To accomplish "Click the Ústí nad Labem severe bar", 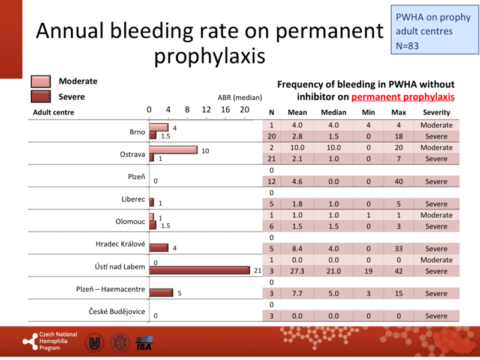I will (x=199, y=270).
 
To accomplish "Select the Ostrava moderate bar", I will (x=173, y=149).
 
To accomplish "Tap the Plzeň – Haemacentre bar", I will (x=161, y=293).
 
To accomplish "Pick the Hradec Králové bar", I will (x=158, y=248).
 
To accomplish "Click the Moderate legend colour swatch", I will (x=41, y=82).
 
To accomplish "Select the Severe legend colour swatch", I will (x=41, y=97).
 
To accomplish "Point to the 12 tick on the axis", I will (x=206, y=110).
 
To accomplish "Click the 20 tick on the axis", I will (x=244, y=110).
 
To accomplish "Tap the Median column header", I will (x=334, y=113).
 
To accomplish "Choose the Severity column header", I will (x=436, y=113).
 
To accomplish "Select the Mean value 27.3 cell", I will (x=298, y=271).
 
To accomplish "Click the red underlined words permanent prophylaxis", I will (x=403, y=96).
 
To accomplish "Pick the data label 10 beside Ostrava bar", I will (x=205, y=151).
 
